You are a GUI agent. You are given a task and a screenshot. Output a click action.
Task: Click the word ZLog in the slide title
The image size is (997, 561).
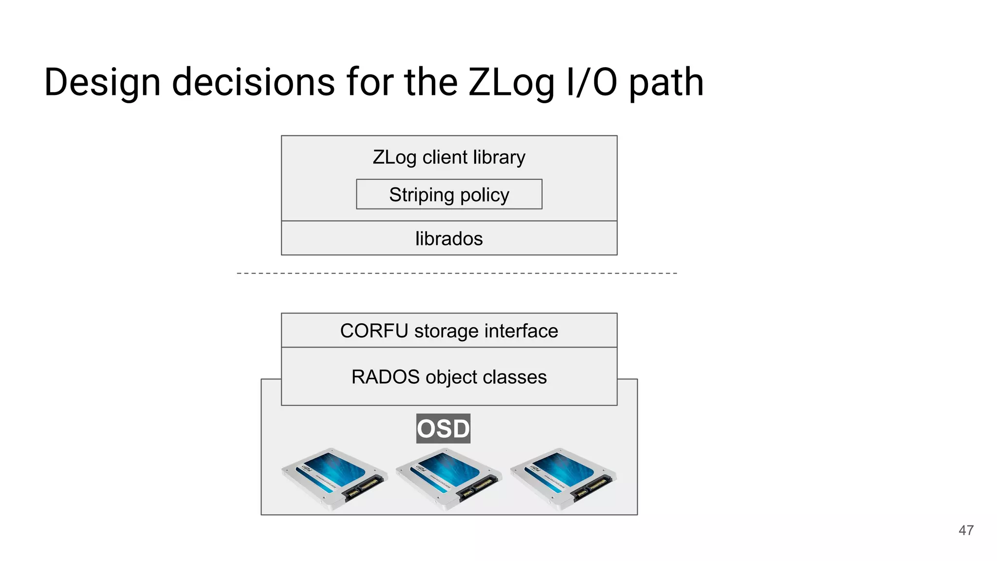511,83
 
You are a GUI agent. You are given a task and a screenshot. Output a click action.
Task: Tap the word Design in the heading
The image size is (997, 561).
102,83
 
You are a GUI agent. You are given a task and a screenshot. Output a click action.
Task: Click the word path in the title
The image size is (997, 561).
666,83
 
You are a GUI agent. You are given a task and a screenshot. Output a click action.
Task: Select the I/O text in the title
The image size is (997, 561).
591,83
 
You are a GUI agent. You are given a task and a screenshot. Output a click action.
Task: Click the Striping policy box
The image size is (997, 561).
449,194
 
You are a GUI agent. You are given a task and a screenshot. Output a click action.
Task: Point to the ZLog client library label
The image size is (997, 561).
449,157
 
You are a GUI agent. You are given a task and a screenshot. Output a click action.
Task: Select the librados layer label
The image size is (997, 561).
449,239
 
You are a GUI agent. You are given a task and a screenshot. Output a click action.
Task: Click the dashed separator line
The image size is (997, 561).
457,273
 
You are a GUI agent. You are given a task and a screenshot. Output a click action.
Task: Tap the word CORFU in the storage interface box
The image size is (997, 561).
374,331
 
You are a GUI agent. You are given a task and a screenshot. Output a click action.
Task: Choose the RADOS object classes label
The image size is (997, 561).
449,377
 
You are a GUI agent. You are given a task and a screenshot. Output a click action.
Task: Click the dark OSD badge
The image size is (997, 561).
443,429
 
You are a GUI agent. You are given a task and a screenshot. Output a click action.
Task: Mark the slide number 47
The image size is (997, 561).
966,530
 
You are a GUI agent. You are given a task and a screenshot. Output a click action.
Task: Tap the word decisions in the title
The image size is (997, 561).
253,83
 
